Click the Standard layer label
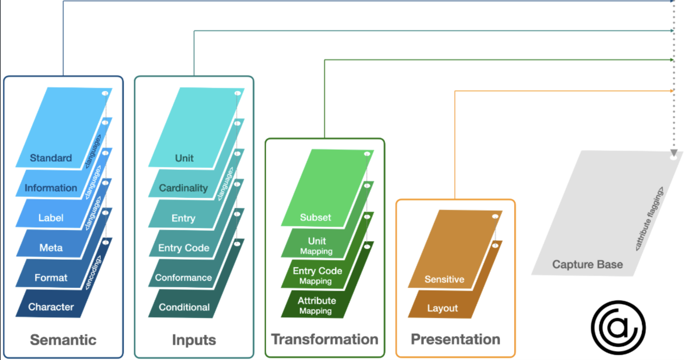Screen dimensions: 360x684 tap(51, 158)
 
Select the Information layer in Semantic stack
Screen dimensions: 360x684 tap(51, 188)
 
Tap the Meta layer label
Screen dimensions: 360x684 tap(51, 248)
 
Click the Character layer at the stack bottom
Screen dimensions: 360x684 tap(51, 307)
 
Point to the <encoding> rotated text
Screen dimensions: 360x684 tap(93, 272)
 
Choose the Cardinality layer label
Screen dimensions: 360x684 tap(183, 188)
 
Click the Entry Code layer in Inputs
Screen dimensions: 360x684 tap(184, 248)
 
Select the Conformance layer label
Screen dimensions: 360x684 tap(183, 277)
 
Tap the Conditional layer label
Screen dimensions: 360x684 tap(184, 307)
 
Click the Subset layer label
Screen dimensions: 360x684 tap(315, 217)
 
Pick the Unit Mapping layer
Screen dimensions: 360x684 tap(317, 246)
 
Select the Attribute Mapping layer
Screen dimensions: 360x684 tap(316, 305)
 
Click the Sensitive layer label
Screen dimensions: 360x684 tap(444, 279)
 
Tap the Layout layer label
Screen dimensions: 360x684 tap(442, 308)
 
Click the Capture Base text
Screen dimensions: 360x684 tap(587, 264)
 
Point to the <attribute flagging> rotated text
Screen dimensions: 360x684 tap(649, 219)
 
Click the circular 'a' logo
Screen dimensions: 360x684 tap(618, 327)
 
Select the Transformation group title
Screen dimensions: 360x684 tap(325, 339)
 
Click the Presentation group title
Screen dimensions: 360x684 tap(455, 339)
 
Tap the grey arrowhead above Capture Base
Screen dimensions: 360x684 tap(674, 153)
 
